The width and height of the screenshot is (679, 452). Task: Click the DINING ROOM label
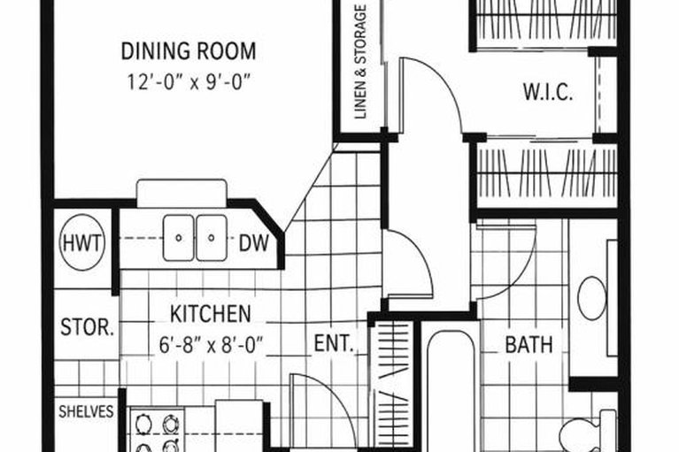[188, 50]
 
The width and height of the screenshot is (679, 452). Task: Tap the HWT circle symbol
[81, 241]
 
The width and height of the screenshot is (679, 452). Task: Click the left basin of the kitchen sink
[180, 237]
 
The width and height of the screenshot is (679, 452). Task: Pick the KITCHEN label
[210, 313]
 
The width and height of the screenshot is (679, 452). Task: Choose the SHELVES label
[86, 411]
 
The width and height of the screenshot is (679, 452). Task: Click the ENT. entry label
[334, 343]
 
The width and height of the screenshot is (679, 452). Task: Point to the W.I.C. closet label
[547, 92]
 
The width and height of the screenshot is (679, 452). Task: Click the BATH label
[529, 344]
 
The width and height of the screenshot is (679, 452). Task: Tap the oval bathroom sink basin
[591, 297]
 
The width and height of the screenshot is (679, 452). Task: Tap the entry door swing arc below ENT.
[314, 398]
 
